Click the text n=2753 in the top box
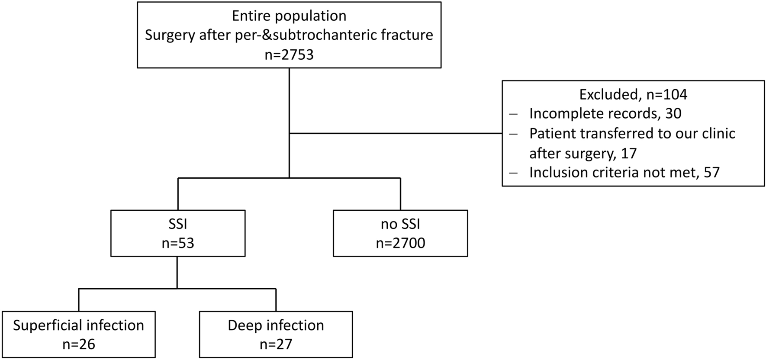[289, 55]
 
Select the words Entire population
[289, 16]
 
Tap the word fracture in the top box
[407, 35]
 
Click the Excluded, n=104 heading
[633, 94]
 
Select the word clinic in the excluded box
[716, 133]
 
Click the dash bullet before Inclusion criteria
[514, 173]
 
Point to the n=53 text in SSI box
[178, 243]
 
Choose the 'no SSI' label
[400, 224]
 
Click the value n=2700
[400, 243]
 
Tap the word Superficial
[48, 325]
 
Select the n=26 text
[78, 344]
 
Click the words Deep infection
[276, 325]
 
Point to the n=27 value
[276, 344]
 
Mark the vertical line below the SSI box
[177, 272]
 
